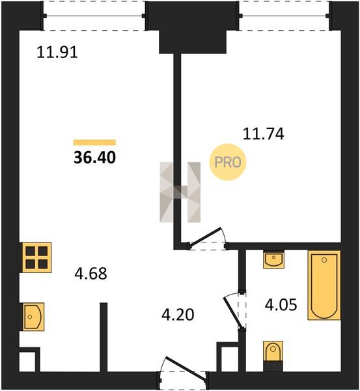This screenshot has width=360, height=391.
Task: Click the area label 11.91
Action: point(57,52)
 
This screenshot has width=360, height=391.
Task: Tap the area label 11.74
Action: point(264,134)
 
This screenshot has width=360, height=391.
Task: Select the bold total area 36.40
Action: point(94,158)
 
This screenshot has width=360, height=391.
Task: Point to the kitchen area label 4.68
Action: point(90,273)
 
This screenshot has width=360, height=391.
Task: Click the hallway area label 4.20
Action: point(178,315)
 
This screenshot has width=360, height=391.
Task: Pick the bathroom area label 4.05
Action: point(281,305)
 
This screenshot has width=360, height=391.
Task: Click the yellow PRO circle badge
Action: point(228,162)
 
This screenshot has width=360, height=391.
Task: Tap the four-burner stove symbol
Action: point(37,257)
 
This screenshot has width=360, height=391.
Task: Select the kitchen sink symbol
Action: point(33,317)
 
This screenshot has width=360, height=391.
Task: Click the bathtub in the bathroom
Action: point(324,285)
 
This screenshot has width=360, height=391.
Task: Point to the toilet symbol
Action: point(273,356)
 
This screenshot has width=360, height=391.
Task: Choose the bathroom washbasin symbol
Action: point(274,260)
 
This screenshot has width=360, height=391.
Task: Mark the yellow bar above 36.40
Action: point(94,142)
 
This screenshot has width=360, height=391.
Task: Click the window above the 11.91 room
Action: point(94,16)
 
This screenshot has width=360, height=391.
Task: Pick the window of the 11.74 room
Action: point(284,16)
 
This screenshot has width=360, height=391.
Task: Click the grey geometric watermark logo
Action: point(180,192)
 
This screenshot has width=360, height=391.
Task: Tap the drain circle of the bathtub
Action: point(324,260)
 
